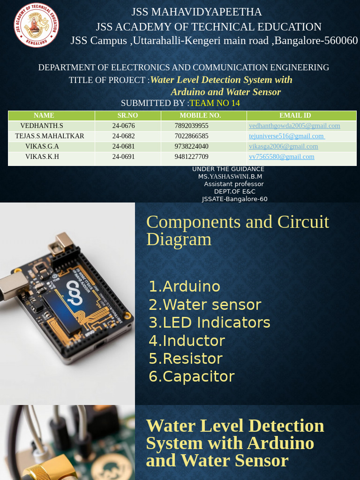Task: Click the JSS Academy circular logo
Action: coord(36,25)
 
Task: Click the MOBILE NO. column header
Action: coord(200,115)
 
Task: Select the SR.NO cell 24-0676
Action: coord(123,126)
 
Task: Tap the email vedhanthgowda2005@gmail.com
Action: coord(294,126)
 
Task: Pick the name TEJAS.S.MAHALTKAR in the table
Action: coord(50,136)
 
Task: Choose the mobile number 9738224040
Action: coord(191,146)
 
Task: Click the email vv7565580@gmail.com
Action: coord(281,157)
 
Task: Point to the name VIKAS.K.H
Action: coord(42,157)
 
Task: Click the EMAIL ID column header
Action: coord(295,115)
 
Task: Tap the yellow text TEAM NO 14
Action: coord(215,103)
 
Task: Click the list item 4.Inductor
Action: coord(187,341)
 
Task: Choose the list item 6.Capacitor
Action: coord(191,376)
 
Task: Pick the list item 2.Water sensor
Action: coord(205,305)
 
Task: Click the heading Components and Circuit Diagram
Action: coord(238,230)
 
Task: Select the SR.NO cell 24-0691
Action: coord(123,157)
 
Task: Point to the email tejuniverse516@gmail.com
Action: coord(286,136)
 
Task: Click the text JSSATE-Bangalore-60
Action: coord(234,199)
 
